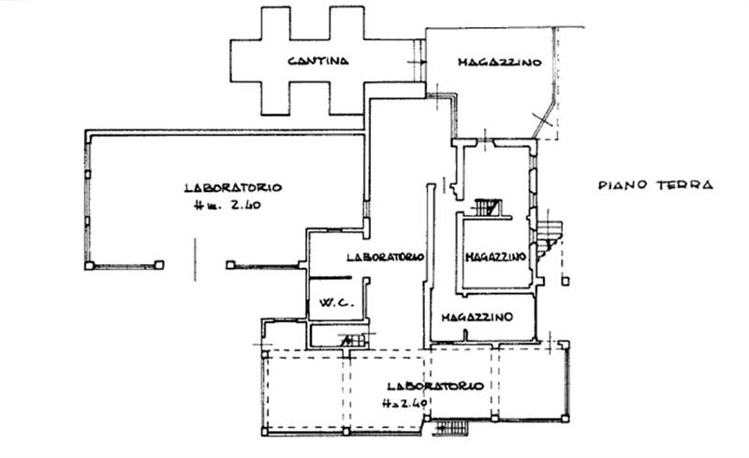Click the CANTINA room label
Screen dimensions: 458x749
318,62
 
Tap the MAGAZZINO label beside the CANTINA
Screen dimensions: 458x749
500,63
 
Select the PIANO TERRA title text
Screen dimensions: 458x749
655,185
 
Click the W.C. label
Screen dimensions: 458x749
334,303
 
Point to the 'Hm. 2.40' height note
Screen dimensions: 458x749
222,206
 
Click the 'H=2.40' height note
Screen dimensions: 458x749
404,404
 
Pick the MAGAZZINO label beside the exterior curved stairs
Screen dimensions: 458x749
493,257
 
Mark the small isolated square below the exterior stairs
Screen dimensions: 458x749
565,280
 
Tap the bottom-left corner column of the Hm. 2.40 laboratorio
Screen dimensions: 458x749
89,265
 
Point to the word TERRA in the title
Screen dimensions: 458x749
687,185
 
